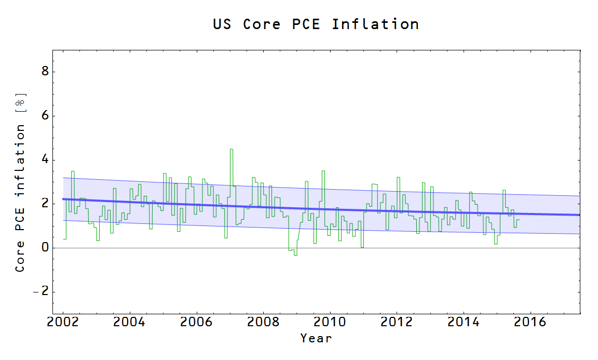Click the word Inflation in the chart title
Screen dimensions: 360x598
pyautogui.click(x=375, y=24)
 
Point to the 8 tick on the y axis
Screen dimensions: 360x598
pyautogui.click(x=45, y=71)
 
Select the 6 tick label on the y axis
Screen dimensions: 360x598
pyautogui.click(x=45, y=115)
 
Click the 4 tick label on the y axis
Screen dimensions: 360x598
pyautogui.click(x=45, y=159)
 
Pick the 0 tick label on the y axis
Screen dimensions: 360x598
pyautogui.click(x=45, y=248)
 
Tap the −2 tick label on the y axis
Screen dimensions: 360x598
pyautogui.click(x=42, y=292)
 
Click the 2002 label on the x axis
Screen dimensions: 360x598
pyautogui.click(x=63, y=322)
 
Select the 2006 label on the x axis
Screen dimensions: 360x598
pyautogui.click(x=196, y=322)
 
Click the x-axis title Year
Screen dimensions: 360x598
pyautogui.click(x=316, y=338)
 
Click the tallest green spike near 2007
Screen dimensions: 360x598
pyautogui.click(x=232, y=150)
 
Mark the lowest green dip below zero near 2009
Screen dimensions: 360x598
pyautogui.click(x=295, y=255)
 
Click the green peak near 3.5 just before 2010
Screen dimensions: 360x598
pyautogui.click(x=323, y=171)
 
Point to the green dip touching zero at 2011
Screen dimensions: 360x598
pyautogui.click(x=362, y=247)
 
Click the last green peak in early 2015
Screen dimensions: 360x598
pyautogui.click(x=504, y=191)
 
